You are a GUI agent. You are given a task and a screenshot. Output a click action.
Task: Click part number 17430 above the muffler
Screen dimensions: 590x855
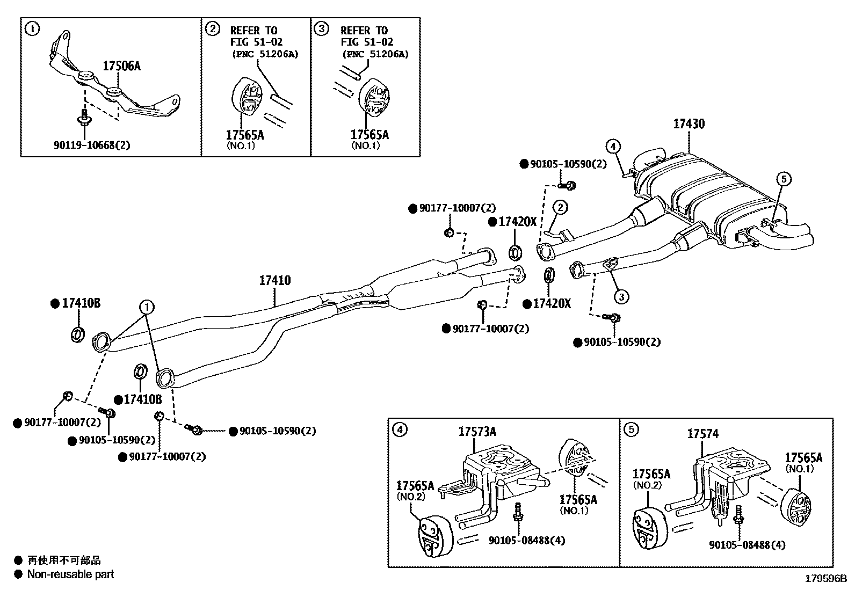[x=689, y=124]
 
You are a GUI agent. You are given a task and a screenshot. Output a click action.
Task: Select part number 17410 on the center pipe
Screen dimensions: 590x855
[x=274, y=280]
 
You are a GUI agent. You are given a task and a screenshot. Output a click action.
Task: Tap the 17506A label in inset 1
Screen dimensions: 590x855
[x=121, y=66]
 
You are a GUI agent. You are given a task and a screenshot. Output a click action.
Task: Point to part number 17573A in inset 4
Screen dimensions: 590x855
[x=477, y=431]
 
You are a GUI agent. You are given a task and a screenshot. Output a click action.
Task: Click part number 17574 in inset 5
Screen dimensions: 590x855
[x=702, y=434]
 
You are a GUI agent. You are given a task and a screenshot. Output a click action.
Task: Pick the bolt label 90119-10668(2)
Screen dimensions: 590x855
[x=92, y=145]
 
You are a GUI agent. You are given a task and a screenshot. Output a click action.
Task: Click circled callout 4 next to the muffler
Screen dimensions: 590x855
[x=614, y=145]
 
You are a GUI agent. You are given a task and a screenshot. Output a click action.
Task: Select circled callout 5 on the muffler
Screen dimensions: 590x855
[x=783, y=179]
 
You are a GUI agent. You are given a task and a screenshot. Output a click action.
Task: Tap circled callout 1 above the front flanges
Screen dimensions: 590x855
[x=147, y=307]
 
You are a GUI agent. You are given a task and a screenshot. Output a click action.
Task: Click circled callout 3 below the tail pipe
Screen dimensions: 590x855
[x=621, y=296]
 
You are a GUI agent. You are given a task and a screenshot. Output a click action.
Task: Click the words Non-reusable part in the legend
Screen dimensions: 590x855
[x=70, y=574]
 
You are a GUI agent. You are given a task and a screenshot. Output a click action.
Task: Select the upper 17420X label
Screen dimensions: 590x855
[x=517, y=222]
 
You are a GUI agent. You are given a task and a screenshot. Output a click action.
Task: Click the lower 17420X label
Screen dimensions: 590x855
[x=552, y=304]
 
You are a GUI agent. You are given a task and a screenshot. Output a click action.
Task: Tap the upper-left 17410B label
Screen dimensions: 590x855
[x=81, y=303]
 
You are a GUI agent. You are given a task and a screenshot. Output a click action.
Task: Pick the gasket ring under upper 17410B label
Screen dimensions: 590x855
[x=77, y=333]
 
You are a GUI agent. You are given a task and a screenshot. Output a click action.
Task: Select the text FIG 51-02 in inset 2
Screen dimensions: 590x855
[x=256, y=42]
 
